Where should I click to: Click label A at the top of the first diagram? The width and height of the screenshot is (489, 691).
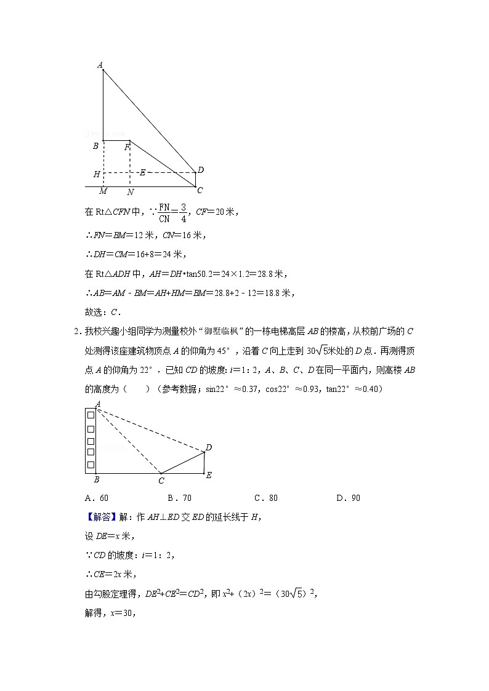pos(100,65)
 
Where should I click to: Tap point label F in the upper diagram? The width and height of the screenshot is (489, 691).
pos(127,148)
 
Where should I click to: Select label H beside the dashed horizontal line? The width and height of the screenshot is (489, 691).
pos(97,175)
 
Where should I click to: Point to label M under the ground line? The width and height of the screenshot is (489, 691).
pos(103,191)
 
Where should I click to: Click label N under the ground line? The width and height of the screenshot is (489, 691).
pos(130,192)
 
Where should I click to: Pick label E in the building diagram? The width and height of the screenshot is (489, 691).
pos(209,475)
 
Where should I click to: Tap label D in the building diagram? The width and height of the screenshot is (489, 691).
pos(209,447)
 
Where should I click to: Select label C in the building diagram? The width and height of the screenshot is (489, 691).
pos(161,481)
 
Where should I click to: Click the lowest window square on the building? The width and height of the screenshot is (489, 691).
pos(91,465)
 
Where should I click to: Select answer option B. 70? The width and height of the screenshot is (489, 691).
pos(179,498)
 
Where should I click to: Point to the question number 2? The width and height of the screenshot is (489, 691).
pos(76,332)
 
